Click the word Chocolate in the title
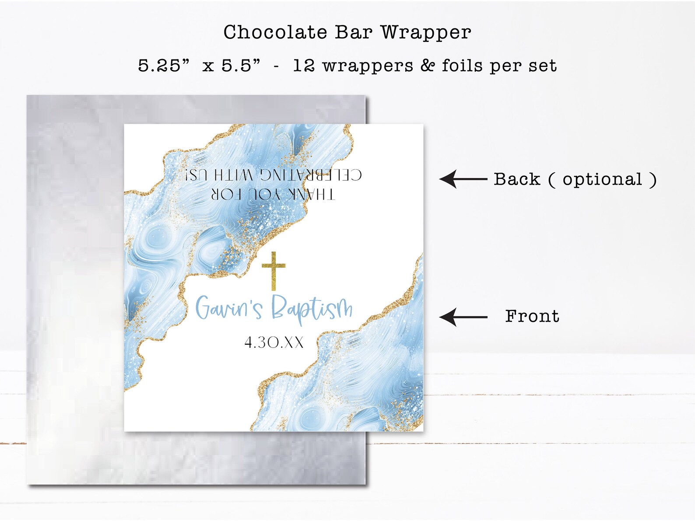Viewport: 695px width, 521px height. pyautogui.click(x=275, y=32)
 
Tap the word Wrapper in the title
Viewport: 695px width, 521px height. pyautogui.click(x=425, y=32)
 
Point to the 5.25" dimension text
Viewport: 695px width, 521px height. pyautogui.click(x=164, y=66)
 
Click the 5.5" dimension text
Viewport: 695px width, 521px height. pyautogui.click(x=241, y=66)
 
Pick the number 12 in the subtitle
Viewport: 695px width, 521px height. pyautogui.click(x=304, y=66)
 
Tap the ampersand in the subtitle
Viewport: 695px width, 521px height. pyautogui.click(x=428, y=66)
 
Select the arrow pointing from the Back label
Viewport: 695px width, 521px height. pyautogui.click(x=463, y=179)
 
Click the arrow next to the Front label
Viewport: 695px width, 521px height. pyautogui.click(x=463, y=317)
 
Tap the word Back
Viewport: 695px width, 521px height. pyautogui.click(x=517, y=179)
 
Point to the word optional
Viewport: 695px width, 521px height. pyautogui.click(x=602, y=179)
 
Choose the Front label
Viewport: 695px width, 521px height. pyautogui.click(x=532, y=316)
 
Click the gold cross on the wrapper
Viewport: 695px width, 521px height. pyautogui.click(x=274, y=270)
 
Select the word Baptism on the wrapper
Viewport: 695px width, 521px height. pyautogui.click(x=312, y=308)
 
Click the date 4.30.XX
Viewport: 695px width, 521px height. pyautogui.click(x=274, y=343)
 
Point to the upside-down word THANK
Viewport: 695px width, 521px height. pyautogui.click(x=310, y=194)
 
